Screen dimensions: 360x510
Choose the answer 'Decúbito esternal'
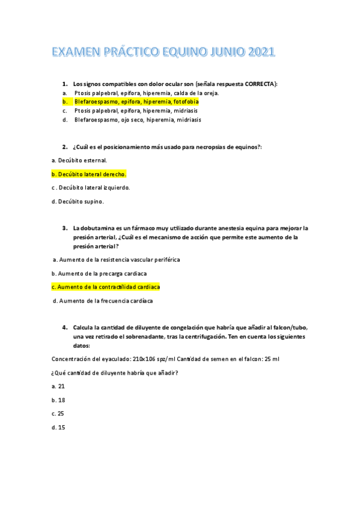(80, 161)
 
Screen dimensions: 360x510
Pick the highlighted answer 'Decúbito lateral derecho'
(89, 174)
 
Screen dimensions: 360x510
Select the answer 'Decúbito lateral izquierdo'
(91, 188)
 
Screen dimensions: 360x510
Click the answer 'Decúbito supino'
(78, 201)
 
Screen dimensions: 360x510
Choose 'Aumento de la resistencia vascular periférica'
(117, 260)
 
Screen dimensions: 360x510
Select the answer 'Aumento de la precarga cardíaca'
(99, 274)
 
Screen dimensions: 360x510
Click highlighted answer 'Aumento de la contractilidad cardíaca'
(105, 287)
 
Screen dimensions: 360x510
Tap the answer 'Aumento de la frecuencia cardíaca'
(103, 301)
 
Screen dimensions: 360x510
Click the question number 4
(64, 327)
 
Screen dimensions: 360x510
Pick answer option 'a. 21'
(58, 386)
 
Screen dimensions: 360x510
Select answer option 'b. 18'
(58, 400)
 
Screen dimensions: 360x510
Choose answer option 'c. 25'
(58, 414)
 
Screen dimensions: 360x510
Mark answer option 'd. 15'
(58, 428)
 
